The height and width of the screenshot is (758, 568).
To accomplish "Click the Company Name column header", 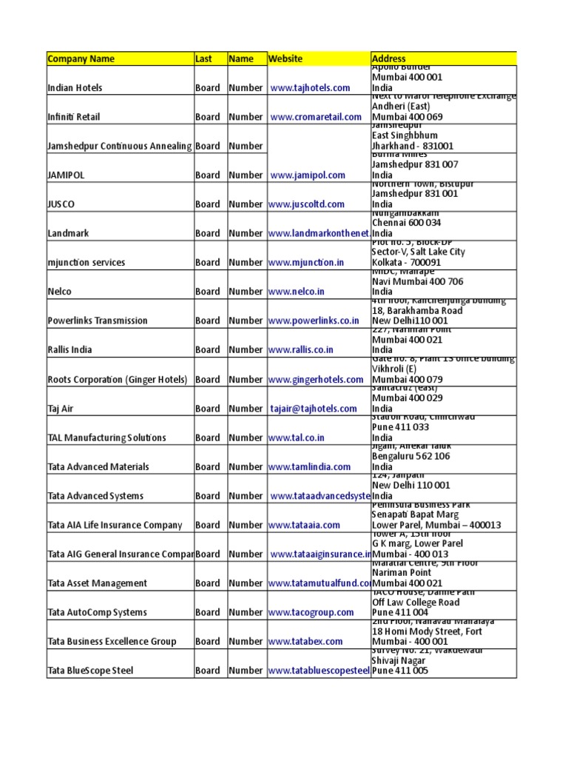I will pos(81,58).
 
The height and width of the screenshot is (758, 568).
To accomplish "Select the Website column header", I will pos(285,58).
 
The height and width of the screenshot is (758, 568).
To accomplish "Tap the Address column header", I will pos(388,58).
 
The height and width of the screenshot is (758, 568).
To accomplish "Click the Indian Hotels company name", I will pos(75,88).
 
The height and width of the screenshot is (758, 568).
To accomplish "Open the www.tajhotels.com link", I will pos(310,88).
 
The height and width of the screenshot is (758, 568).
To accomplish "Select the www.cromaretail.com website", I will pos(316,117).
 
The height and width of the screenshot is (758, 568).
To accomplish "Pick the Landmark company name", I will pos(68,233).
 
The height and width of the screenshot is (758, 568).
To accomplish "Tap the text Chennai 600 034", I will pos(406,223).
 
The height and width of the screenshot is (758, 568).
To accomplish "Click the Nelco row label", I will pos(60,292).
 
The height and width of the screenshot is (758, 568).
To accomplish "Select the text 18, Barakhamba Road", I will pos(416,310).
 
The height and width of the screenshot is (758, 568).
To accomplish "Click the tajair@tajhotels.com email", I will pos(314,409).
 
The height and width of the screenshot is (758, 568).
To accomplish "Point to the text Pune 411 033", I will pos(400,427).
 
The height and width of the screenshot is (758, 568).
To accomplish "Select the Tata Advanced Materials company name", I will pos(98,467).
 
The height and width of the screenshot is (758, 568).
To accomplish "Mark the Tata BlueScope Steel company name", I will pos(90,671).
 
